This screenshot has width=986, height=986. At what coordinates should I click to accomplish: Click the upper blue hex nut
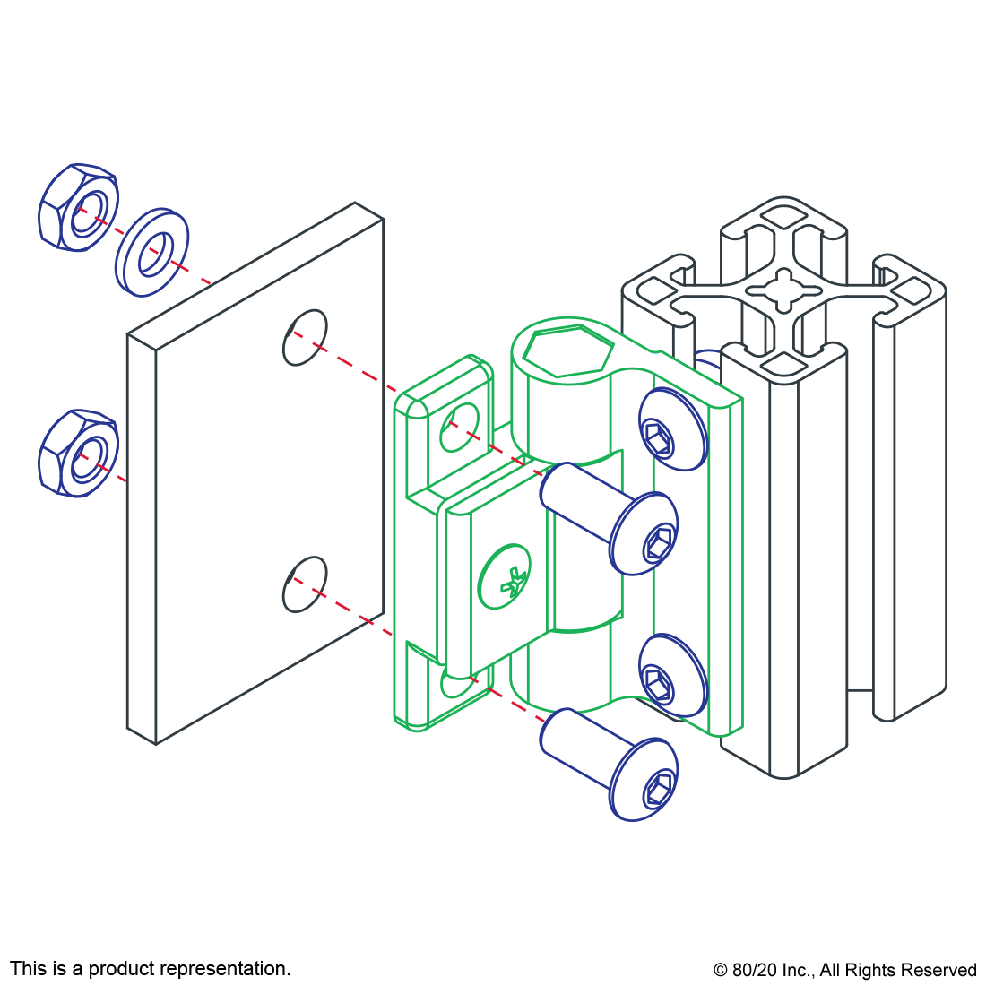tap(79, 208)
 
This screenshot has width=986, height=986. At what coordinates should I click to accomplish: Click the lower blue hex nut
tap(79, 454)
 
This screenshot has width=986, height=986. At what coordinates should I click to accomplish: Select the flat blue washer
tap(151, 252)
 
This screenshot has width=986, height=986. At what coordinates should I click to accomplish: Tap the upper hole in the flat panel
tap(305, 337)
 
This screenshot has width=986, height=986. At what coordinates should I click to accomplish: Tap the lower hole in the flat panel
tap(305, 584)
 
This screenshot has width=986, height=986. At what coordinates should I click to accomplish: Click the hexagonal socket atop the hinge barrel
tap(567, 352)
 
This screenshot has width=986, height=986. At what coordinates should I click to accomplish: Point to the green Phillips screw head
tap(505, 576)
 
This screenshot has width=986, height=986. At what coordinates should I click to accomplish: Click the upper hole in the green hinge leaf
tap(459, 428)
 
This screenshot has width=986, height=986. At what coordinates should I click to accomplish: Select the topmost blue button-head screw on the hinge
tap(673, 428)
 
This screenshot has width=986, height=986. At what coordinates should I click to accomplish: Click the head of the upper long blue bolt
tap(644, 533)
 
